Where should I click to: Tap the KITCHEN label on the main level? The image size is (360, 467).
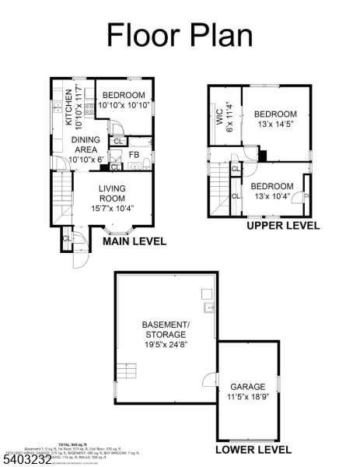(68, 107)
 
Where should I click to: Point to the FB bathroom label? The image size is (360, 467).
(134, 155)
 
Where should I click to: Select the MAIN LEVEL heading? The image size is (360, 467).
(135, 241)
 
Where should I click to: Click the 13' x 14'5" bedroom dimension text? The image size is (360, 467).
(275, 125)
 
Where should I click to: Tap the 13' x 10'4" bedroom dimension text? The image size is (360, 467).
(272, 196)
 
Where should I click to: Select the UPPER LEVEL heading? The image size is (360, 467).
(283, 226)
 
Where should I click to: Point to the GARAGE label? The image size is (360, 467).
(248, 386)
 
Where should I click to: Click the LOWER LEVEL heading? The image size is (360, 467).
(253, 450)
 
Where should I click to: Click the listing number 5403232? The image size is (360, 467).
(27, 460)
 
